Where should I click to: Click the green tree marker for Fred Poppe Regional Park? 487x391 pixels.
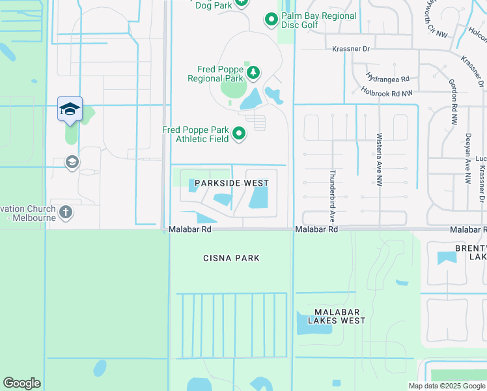pos(253,72)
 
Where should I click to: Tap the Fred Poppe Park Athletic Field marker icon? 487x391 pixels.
pos(240,134)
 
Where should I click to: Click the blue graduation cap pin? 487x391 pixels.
pos(70,109)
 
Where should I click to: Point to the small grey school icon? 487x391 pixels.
pos(72,162)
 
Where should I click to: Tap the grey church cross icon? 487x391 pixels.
pos(65,212)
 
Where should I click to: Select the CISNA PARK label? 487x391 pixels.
pos(230,258)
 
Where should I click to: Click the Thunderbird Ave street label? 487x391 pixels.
pos(332,188)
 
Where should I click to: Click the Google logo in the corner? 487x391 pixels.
pos(21,383)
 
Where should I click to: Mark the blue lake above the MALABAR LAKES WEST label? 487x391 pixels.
pos(306,321)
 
